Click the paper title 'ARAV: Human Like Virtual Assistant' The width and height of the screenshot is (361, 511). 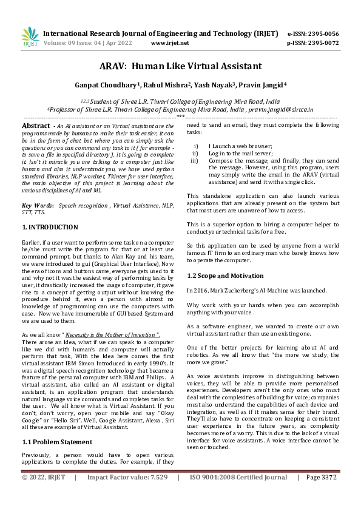(x=180, y=66)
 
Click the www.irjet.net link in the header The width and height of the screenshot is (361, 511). (x=170, y=43)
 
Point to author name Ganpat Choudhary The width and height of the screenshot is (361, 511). (x=107, y=85)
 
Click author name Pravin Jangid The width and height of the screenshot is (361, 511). (x=266, y=85)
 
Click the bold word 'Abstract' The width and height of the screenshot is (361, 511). (x=36, y=125)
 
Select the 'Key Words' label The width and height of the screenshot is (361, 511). (x=37, y=206)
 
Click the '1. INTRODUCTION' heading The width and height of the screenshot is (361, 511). (x=50, y=227)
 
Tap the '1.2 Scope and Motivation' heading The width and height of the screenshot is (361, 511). (x=224, y=276)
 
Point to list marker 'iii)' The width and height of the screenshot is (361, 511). (x=194, y=161)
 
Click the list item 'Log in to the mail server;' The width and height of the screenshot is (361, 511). (x=240, y=154)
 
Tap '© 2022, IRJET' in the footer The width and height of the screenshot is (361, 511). (x=44, y=495)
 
